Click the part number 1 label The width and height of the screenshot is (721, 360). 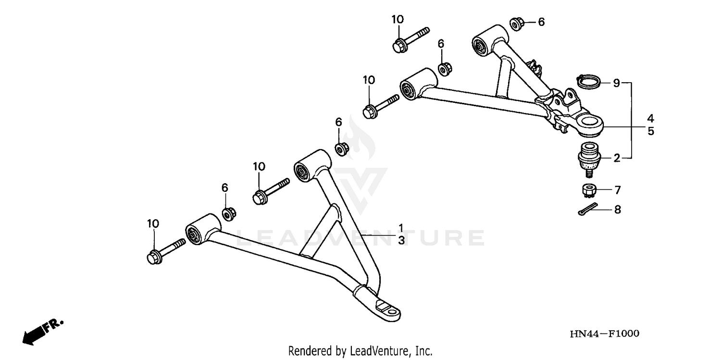[400, 227]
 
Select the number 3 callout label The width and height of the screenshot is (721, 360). [400, 240]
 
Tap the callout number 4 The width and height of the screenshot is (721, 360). [650, 118]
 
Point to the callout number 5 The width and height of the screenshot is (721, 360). [650, 131]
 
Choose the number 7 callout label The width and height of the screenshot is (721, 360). [618, 190]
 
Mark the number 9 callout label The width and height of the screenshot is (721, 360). [617, 83]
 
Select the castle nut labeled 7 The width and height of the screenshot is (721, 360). [589, 190]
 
